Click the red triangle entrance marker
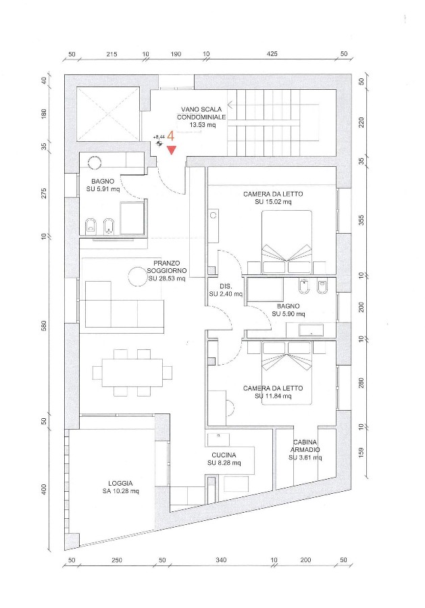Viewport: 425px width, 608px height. tap(172, 150)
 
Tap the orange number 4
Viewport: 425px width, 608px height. tap(170, 136)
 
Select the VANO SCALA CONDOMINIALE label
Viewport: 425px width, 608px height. tap(201, 117)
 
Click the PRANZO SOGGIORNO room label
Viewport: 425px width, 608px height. tap(167, 271)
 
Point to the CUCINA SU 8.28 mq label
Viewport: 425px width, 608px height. tap(224, 459)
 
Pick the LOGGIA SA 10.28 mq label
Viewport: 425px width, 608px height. tap(120, 487)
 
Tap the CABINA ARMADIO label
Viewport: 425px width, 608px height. tap(305, 450)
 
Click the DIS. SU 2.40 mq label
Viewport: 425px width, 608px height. tap(226, 290)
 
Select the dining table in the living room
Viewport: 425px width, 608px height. tap(132, 372)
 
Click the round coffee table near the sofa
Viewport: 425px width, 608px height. tap(138, 276)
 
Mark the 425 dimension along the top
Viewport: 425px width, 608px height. tap(272, 54)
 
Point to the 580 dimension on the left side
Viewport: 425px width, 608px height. tap(44, 326)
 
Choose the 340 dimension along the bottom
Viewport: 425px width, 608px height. tap(221, 560)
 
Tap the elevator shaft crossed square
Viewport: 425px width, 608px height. tap(107, 114)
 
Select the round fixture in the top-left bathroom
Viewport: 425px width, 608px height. tap(94, 163)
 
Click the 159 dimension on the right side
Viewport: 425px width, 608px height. tap(361, 452)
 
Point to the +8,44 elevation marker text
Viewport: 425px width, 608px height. tap(159, 137)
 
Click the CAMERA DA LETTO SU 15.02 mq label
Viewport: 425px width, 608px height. tap(273, 198)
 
